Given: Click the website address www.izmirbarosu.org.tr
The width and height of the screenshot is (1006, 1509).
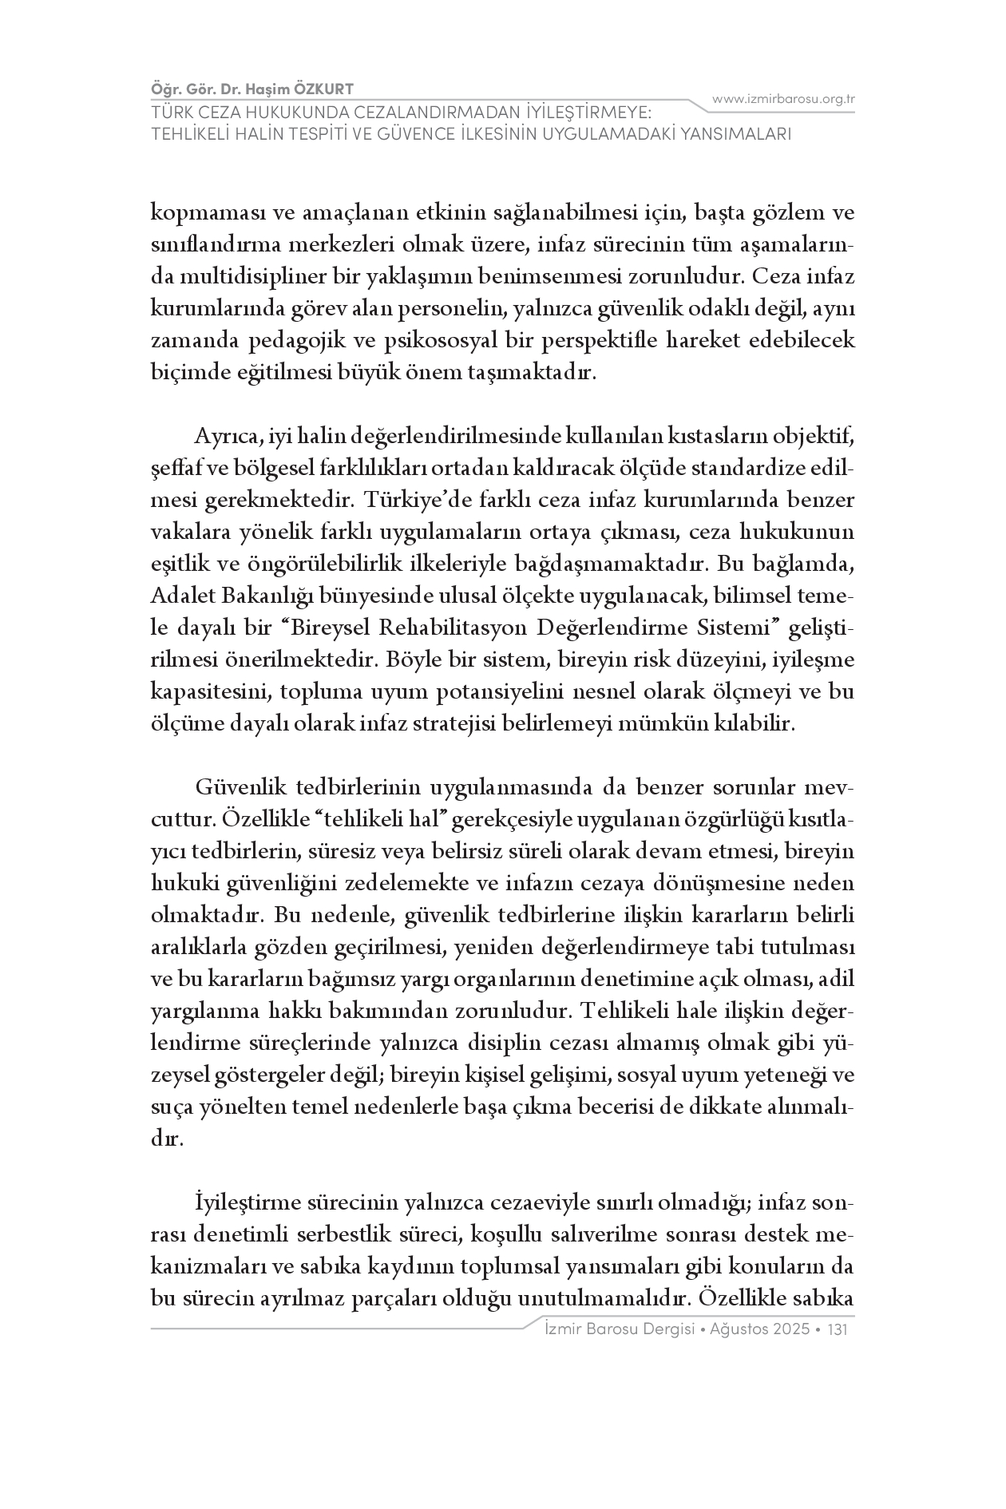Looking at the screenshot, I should click(x=783, y=99).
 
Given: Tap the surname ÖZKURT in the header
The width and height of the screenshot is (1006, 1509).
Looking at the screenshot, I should click(x=323, y=88).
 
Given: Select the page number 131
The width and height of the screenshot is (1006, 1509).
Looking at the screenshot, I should click(x=838, y=1329).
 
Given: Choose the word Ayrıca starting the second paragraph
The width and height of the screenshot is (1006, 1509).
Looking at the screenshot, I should click(x=224, y=438).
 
